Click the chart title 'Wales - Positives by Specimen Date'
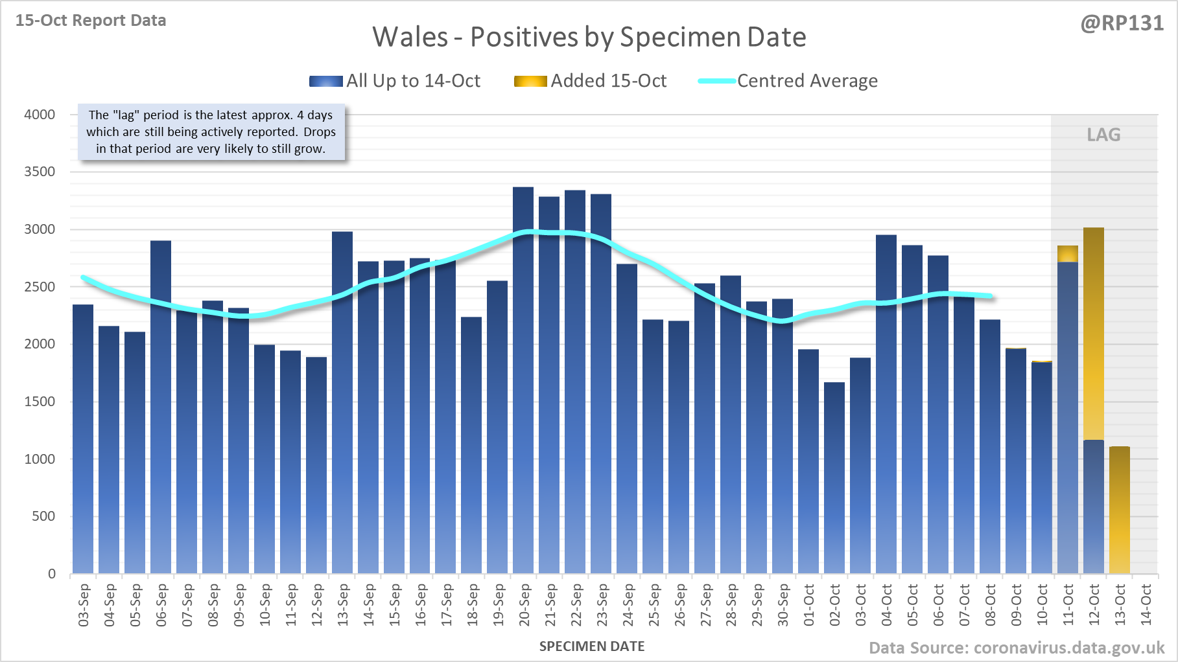point(589,37)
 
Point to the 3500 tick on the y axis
point(40,172)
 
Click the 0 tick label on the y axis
point(52,574)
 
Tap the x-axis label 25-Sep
point(654,605)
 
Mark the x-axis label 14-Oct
point(1146,605)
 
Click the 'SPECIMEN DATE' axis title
point(592,646)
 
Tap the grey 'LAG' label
point(1103,135)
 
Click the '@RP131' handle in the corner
point(1122,23)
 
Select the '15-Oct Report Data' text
point(91,20)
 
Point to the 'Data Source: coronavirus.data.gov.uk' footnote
point(1017,648)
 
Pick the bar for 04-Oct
point(886,404)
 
